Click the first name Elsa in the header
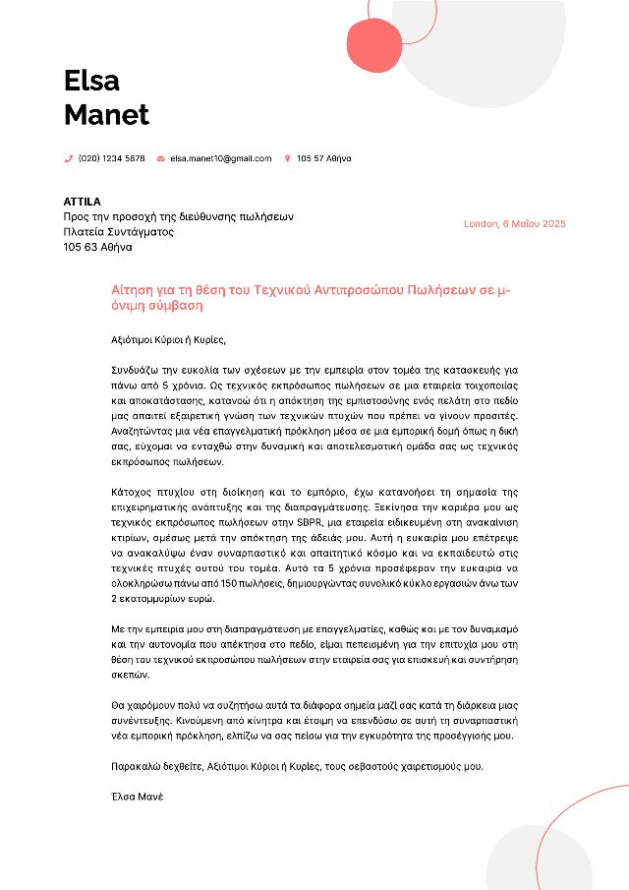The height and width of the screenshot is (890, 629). click(x=91, y=80)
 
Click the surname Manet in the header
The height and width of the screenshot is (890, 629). click(x=106, y=115)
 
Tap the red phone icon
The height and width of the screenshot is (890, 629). click(x=69, y=158)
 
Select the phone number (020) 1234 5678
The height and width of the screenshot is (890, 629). click(x=111, y=158)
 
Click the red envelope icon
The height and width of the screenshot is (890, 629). click(x=161, y=158)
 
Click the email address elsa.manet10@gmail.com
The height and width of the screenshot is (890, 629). click(x=220, y=158)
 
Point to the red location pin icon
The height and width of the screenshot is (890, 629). click(x=287, y=158)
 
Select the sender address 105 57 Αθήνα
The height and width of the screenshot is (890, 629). click(x=323, y=158)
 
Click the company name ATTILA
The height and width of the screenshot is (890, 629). click(x=83, y=202)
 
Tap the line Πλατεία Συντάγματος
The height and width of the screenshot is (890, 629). click(x=118, y=232)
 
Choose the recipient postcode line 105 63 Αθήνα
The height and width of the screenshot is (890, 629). click(x=97, y=248)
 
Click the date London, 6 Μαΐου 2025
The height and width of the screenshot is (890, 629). click(x=514, y=224)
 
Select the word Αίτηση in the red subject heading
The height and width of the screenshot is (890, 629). click(x=131, y=291)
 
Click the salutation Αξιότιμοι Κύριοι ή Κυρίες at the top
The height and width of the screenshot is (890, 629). click(x=168, y=340)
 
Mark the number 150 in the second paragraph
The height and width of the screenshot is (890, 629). click(x=258, y=584)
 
